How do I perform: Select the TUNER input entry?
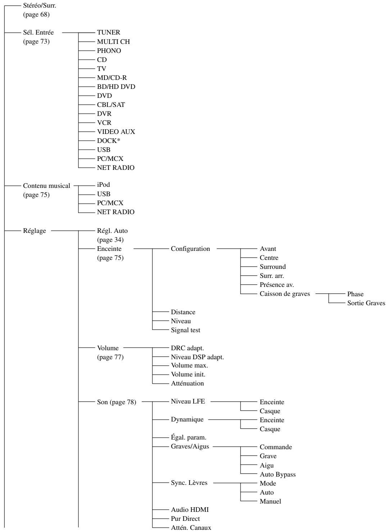coord(108,33)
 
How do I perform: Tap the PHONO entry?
coord(109,51)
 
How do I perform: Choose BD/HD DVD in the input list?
coord(116,87)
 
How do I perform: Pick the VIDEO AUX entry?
coord(116,132)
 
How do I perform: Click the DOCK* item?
coord(109,141)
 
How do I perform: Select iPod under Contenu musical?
coord(103,185)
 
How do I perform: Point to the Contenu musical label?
coord(46,186)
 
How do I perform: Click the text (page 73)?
coord(36,42)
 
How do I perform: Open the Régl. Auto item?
coord(112,231)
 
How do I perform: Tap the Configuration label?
coord(190,249)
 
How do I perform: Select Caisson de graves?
coord(285,294)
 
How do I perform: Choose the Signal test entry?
coord(186,330)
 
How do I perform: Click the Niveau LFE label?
coord(188,402)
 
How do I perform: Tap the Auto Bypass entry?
coord(278,474)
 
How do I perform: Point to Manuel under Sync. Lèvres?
coord(270,501)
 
